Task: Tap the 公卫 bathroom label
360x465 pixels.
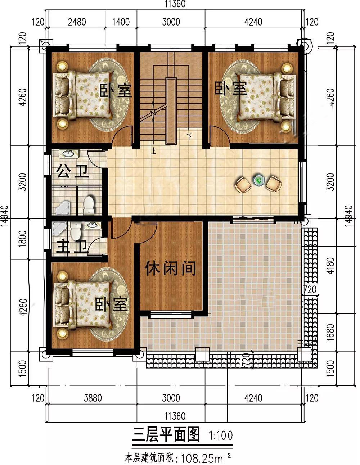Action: pyautogui.click(x=72, y=171)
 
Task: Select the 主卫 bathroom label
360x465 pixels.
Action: pyautogui.click(x=72, y=247)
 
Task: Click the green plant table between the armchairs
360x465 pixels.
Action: pyautogui.click(x=258, y=180)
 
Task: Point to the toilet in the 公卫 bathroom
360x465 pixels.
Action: pyautogui.click(x=89, y=206)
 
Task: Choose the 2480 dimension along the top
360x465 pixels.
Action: pyautogui.click(x=77, y=22)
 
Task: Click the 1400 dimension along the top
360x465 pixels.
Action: pyautogui.click(x=121, y=22)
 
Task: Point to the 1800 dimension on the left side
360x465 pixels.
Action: pyautogui.click(x=22, y=239)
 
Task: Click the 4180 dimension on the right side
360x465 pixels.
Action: pyautogui.click(x=331, y=266)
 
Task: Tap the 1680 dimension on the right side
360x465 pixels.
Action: pyautogui.click(x=331, y=332)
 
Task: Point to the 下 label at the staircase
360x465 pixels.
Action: pyautogui.click(x=189, y=136)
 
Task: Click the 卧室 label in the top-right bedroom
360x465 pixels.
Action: pyautogui.click(x=230, y=88)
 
